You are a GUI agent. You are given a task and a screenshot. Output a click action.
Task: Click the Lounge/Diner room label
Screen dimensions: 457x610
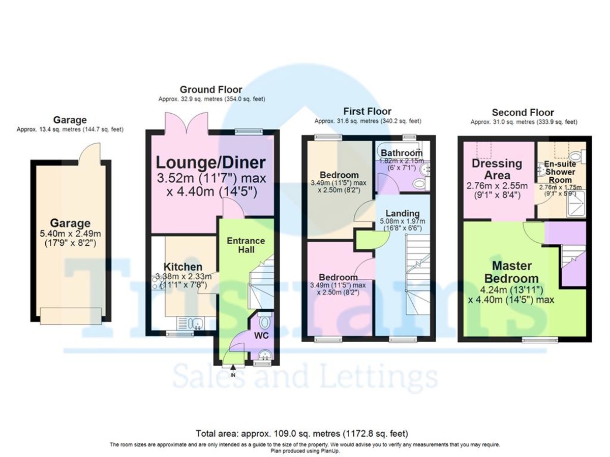210,162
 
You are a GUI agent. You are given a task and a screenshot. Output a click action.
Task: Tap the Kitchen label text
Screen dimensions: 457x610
183,267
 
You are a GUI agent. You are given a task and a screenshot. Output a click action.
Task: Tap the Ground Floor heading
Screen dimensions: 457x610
210,90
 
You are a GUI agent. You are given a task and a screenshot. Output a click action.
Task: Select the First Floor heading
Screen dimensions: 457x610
367,111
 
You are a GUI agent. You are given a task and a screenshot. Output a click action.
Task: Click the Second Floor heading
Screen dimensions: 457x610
523,112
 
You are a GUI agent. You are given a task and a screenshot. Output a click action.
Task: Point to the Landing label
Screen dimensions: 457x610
402,213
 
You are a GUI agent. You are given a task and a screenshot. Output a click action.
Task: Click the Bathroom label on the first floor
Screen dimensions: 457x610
402,153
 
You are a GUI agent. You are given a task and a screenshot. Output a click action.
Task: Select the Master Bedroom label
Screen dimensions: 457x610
511,272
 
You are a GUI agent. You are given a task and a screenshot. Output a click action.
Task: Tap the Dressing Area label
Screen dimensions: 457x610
497,169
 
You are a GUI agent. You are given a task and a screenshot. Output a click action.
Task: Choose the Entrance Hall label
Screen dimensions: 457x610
246,245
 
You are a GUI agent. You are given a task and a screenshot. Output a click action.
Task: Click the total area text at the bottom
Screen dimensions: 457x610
301,434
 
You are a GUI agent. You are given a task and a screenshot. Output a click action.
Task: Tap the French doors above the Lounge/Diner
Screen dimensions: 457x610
187,123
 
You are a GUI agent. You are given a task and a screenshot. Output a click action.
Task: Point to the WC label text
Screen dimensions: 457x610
261,337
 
